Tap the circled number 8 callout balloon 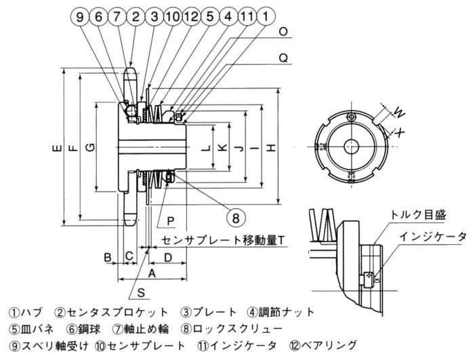pyautogui.click(x=236, y=218)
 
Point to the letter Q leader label pyautogui.click(x=284, y=58)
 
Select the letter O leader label pyautogui.click(x=284, y=31)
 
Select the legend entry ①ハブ pyautogui.click(x=26, y=313)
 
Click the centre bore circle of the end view pyautogui.click(x=351, y=146)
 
